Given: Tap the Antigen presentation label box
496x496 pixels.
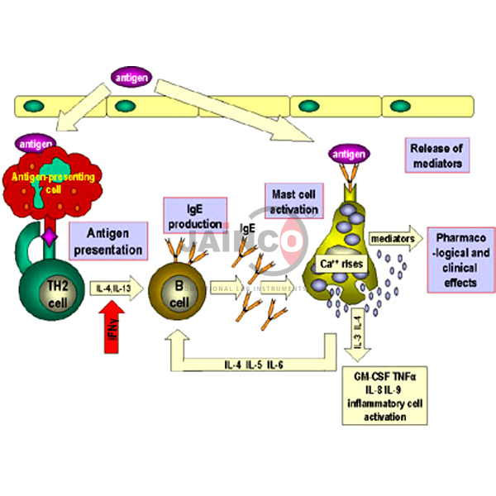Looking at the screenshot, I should (x=108, y=240).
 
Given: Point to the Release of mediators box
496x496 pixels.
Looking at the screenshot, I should (x=436, y=155).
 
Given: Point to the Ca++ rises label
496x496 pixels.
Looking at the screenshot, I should (x=340, y=265).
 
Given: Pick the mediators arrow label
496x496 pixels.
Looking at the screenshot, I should (x=394, y=237).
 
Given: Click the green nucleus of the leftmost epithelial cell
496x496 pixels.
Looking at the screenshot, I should (x=35, y=107).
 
